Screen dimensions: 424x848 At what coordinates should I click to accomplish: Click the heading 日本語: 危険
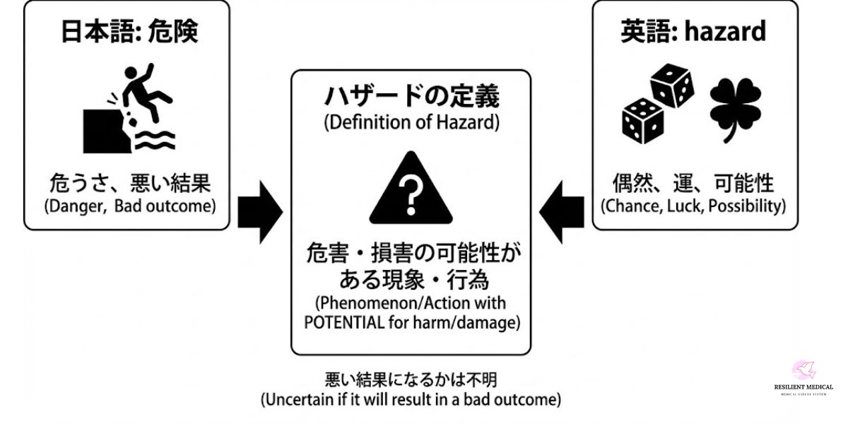[127, 33]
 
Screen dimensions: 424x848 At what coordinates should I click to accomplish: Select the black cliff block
[105, 131]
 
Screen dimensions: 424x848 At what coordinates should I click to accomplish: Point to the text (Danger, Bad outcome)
[127, 207]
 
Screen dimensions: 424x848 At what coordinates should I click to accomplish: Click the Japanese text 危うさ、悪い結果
[127, 184]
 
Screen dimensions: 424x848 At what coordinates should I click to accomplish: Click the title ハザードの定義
[412, 96]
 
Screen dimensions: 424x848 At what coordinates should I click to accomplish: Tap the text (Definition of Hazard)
[412, 122]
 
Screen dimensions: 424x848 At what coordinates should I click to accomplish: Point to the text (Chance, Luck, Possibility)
[693, 206]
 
